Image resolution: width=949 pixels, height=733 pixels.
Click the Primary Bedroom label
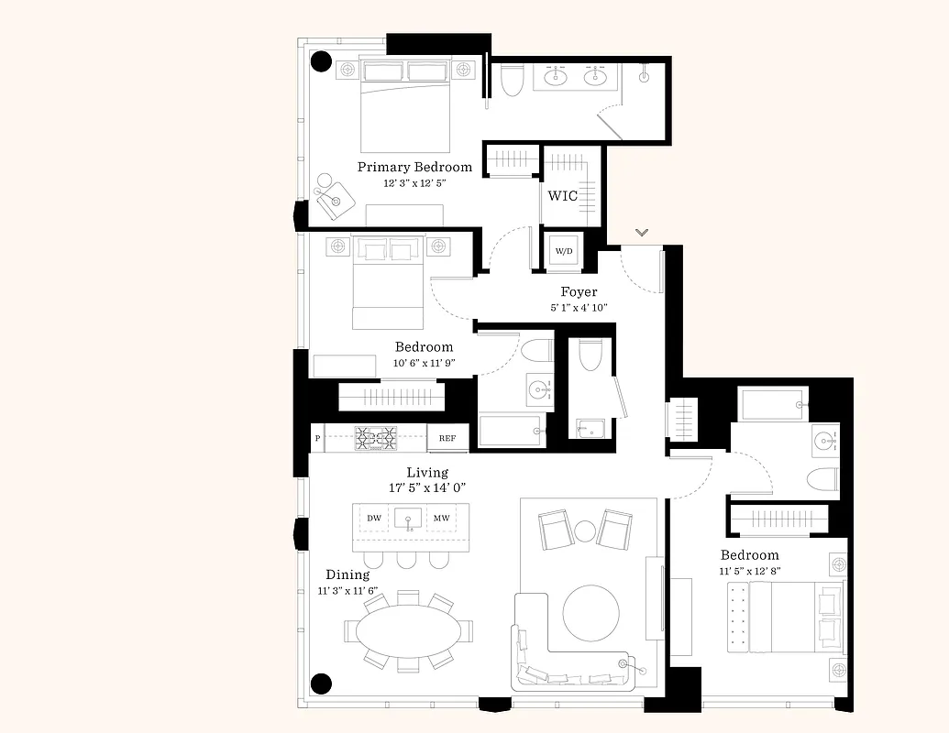[x=414, y=167]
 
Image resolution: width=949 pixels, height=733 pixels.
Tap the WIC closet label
[x=562, y=196]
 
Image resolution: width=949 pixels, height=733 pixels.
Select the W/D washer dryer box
[x=563, y=251]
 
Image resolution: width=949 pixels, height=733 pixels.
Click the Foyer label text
[x=579, y=292]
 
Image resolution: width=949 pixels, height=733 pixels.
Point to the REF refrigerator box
[x=447, y=438]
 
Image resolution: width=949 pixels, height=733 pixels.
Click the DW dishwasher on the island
[x=374, y=519]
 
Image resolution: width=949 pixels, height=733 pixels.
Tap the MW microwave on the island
[x=441, y=519]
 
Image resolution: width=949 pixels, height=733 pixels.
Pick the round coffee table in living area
[x=590, y=613]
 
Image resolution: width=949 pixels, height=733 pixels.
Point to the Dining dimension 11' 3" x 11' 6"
[x=348, y=591]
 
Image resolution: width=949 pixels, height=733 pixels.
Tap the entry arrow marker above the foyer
[x=642, y=233]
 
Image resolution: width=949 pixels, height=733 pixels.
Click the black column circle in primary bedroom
[x=321, y=61]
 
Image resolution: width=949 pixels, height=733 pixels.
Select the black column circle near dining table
[x=320, y=683]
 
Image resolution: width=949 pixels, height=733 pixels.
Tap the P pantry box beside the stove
[x=317, y=438]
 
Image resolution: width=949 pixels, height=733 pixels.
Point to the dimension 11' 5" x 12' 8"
[x=750, y=571]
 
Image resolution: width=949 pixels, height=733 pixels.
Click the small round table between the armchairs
[x=585, y=530]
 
